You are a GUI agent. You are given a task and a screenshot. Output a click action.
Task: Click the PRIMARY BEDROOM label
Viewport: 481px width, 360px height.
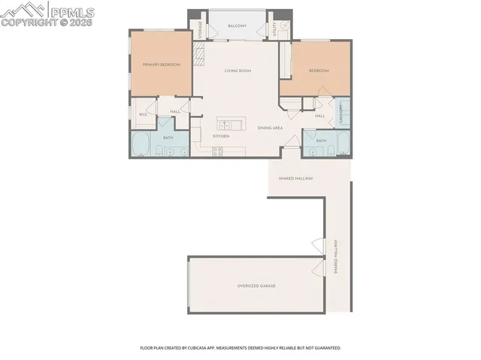[162, 65]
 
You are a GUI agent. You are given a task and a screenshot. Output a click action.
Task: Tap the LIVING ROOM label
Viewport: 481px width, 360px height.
[237, 71]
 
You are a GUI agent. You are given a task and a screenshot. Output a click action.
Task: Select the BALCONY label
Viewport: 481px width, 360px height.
[237, 26]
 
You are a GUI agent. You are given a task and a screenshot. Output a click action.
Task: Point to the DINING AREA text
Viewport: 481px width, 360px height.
[270, 129]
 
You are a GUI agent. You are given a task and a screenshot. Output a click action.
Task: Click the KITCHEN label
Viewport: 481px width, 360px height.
[220, 136]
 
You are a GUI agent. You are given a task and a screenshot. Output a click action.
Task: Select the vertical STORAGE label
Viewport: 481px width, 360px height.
[200, 30]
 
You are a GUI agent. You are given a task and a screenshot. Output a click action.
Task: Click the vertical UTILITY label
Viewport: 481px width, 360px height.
[276, 29]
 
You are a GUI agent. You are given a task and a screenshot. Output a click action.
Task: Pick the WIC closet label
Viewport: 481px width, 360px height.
[143, 114]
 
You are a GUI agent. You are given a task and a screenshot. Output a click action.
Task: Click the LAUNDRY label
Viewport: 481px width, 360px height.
[341, 114]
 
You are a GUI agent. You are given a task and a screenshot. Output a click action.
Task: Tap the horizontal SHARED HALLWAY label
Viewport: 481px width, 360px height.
[295, 178]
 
